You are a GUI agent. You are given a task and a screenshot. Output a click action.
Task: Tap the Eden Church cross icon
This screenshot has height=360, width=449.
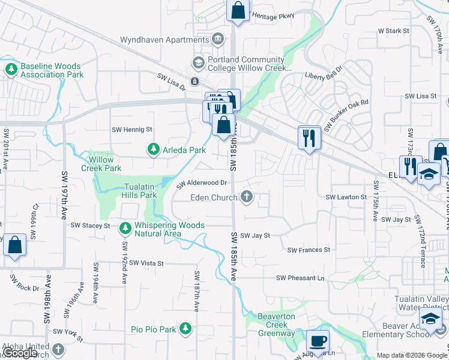[x=246, y=197]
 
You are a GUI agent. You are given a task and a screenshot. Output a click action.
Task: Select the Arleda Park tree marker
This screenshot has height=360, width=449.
[x=154, y=149]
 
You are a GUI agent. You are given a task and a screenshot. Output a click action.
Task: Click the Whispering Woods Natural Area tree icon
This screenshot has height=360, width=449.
[x=125, y=229]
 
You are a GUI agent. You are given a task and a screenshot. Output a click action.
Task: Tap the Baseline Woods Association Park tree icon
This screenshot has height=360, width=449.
[x=11, y=70]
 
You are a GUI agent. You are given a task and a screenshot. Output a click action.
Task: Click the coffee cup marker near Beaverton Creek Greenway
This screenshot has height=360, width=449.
[x=318, y=341]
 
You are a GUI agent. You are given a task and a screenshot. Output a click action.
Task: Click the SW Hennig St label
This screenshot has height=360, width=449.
[x=132, y=129]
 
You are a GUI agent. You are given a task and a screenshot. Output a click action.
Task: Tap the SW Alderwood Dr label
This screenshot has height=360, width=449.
[x=202, y=184]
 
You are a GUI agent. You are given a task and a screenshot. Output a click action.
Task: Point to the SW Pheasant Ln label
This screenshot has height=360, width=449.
[x=300, y=278]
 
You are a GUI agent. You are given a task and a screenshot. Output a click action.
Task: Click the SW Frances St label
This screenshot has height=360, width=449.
[x=309, y=250]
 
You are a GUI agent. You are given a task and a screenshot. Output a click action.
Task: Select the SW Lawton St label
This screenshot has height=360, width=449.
[x=346, y=197]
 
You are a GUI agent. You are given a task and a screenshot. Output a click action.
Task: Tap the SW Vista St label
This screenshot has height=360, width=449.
[x=146, y=263]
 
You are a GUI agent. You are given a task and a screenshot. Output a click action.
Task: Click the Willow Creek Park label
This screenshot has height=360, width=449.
[x=105, y=164]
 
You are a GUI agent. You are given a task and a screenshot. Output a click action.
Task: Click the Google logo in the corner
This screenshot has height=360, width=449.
[x=20, y=353]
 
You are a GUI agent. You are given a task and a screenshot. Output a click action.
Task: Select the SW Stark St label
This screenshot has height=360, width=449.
[x=393, y=30]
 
